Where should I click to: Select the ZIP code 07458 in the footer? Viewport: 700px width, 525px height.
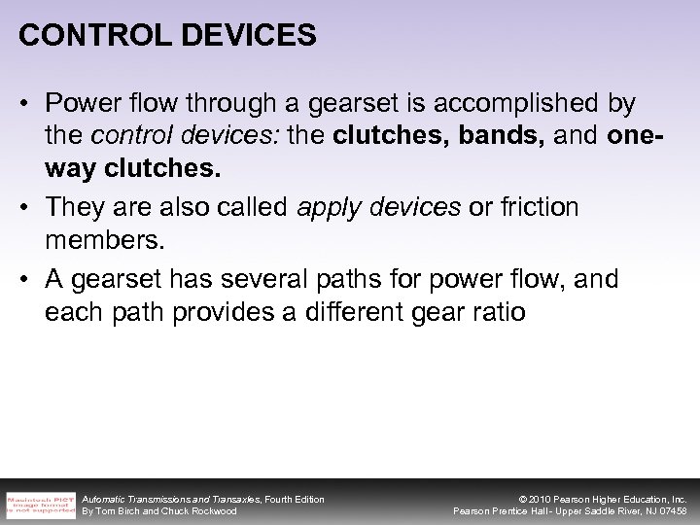(x=671, y=511)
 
